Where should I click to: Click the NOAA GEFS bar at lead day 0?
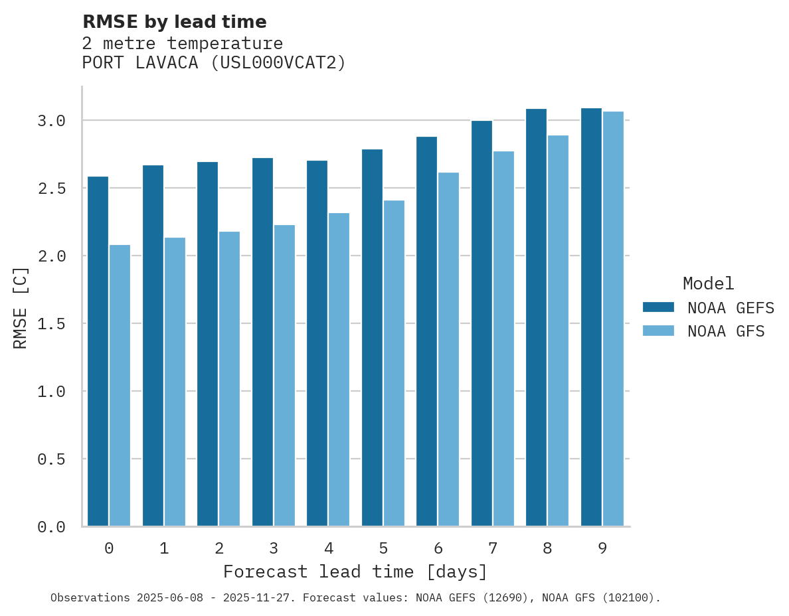98,351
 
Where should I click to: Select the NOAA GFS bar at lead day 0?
120,385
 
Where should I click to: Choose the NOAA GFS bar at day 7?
503,339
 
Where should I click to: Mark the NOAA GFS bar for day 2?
229,378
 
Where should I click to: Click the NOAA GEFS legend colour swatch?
658,307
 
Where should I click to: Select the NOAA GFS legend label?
726,331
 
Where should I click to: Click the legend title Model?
708,283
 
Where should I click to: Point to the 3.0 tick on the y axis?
51,121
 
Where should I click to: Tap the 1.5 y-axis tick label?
51,324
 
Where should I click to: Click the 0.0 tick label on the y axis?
51,527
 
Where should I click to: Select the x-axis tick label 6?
438,548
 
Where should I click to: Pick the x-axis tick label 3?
274,548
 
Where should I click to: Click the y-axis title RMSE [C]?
21,307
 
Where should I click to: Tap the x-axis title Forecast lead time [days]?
355,572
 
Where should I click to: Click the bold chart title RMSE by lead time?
174,22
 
